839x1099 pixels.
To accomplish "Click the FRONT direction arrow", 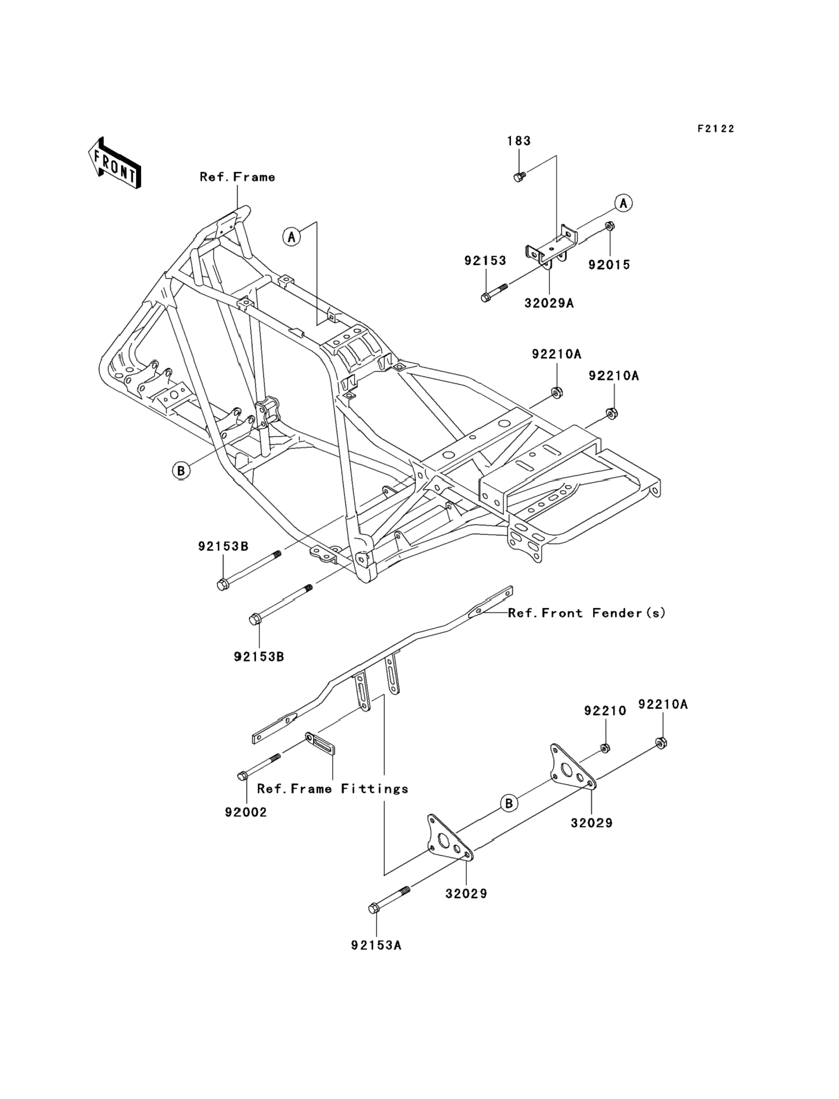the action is [x=114, y=163].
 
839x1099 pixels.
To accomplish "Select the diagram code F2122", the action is [x=716, y=129].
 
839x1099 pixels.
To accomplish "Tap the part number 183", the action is [x=519, y=141].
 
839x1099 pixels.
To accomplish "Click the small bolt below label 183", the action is [x=519, y=177].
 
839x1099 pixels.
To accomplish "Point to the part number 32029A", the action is [x=549, y=303].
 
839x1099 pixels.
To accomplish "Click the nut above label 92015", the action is [x=609, y=226].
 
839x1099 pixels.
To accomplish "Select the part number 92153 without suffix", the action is [x=485, y=260].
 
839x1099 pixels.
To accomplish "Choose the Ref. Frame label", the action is [x=237, y=177].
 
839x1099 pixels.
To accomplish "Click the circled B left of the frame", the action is [x=181, y=470].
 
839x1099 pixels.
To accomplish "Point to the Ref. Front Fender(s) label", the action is [x=587, y=613].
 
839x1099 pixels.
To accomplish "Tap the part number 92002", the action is [x=246, y=812].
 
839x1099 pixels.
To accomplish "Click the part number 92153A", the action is [x=376, y=945].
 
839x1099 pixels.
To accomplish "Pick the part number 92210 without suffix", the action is [x=605, y=710].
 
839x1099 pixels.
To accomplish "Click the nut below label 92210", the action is [x=605, y=748].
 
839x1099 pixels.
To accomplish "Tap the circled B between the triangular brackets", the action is [x=509, y=803].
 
